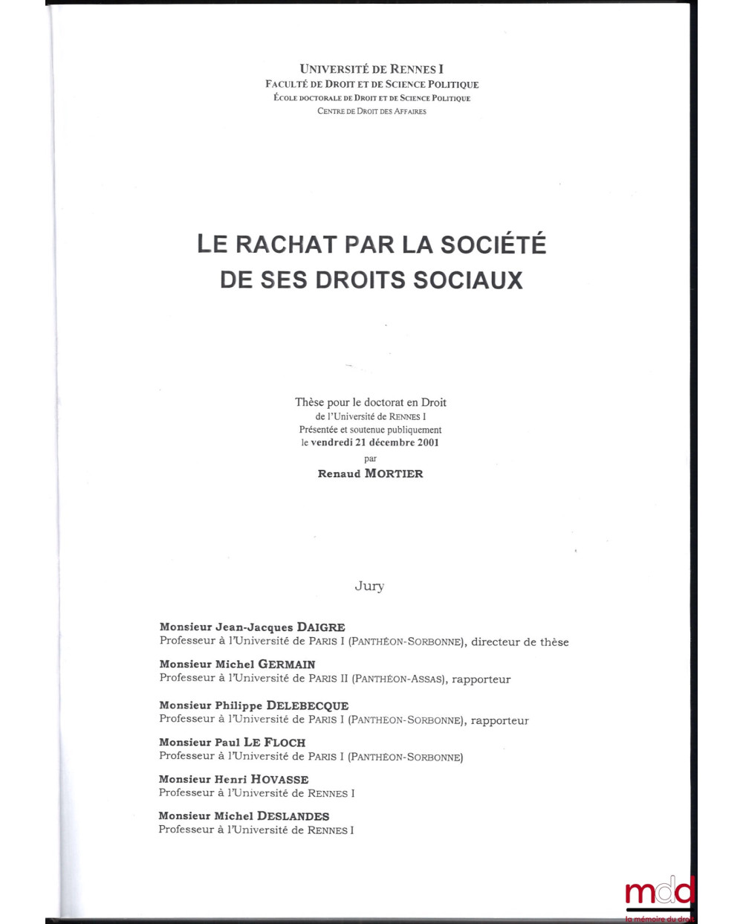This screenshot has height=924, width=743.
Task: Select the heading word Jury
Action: click(x=369, y=587)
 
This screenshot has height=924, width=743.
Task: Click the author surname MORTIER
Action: click(x=394, y=474)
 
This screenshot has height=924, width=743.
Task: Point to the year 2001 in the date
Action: click(x=426, y=442)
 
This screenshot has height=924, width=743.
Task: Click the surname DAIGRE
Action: click(x=321, y=627)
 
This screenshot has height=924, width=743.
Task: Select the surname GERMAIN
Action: click(x=287, y=665)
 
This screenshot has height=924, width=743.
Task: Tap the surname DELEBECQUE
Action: click(x=307, y=705)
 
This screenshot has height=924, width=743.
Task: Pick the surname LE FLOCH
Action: click(x=274, y=742)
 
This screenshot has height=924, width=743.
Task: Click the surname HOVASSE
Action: click(x=279, y=779)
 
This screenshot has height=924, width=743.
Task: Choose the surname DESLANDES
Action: click(x=293, y=816)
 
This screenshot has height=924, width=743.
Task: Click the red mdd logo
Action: click(x=660, y=892)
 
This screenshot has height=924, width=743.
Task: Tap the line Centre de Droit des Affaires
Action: click(x=371, y=112)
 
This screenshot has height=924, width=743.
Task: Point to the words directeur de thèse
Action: click(x=520, y=642)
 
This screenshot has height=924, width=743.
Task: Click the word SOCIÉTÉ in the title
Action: click(x=493, y=245)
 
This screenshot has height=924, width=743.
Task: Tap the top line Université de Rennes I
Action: click(x=371, y=69)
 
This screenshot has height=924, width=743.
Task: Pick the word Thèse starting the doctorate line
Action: click(x=310, y=402)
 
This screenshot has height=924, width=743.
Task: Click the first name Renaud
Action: click(x=339, y=474)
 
